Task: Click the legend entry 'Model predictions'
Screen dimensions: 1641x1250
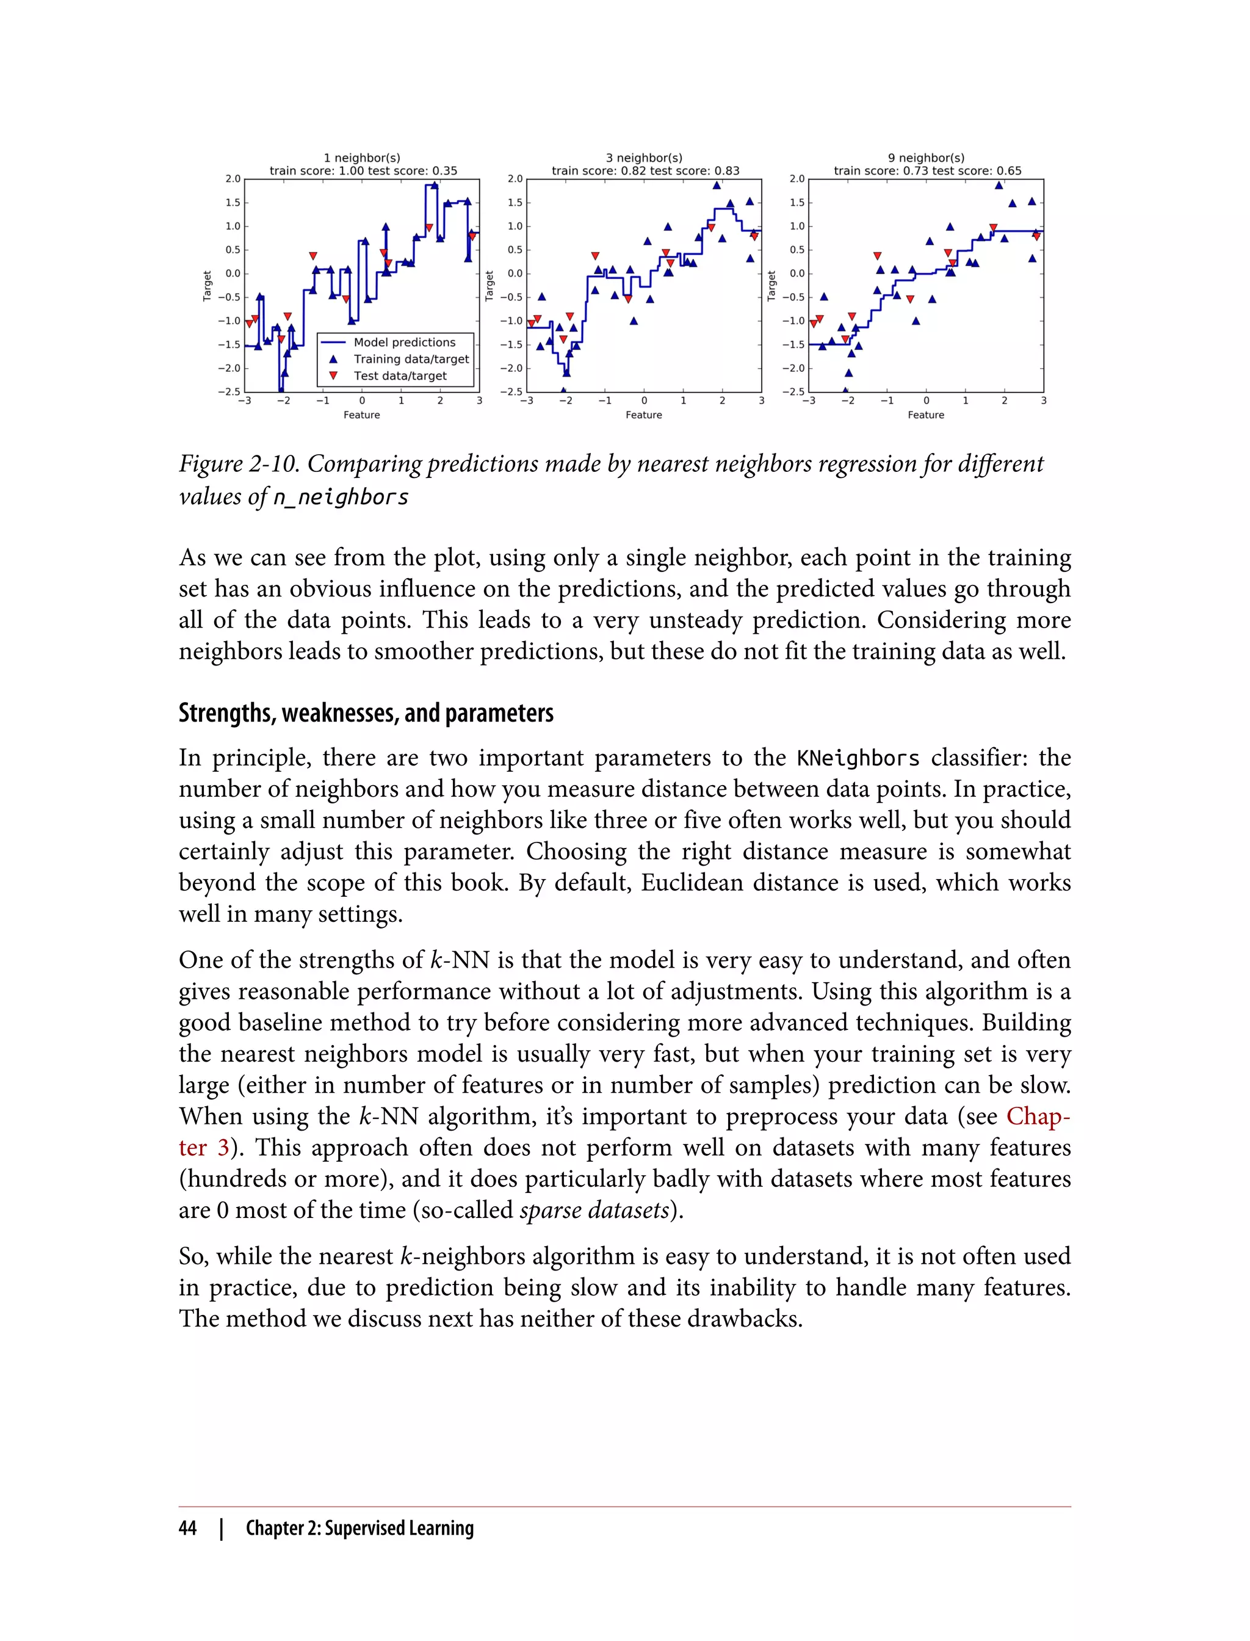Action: pos(404,342)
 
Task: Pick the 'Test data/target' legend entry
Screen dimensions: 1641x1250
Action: pos(400,376)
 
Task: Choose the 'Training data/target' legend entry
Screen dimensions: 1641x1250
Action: pos(411,359)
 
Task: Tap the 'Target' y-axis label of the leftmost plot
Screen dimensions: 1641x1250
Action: pos(208,286)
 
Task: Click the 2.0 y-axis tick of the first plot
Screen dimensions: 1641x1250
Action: pos(233,179)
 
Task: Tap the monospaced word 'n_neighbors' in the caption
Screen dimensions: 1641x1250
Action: pos(340,497)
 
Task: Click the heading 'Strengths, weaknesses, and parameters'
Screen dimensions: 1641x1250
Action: pos(366,713)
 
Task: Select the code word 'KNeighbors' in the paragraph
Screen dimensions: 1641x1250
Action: pos(858,758)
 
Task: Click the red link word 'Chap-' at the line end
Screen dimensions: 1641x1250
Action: pos(1038,1117)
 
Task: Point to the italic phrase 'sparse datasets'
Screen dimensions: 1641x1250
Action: pos(594,1210)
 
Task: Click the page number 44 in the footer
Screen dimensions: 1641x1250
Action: pos(187,1528)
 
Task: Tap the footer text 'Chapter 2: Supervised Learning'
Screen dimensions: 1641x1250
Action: pos(359,1528)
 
